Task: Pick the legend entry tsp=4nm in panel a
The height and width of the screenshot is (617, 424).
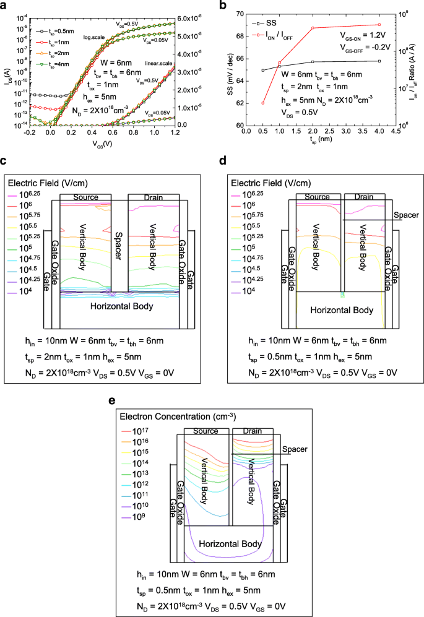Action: [53, 64]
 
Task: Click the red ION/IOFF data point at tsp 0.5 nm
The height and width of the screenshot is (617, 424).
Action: [263, 103]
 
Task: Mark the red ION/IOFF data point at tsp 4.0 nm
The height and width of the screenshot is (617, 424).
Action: [379, 25]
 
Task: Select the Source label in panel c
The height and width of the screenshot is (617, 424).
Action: [86, 197]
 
